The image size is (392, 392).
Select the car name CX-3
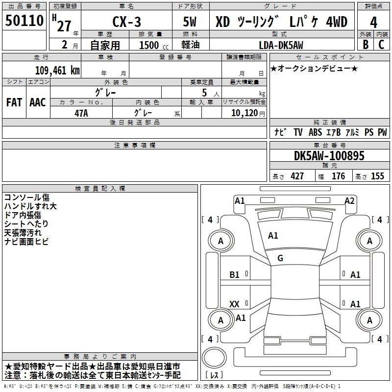[125, 23]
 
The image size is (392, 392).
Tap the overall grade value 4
[374, 22]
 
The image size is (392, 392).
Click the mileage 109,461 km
[57, 70]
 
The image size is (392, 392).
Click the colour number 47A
[81, 112]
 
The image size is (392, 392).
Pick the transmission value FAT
[14, 102]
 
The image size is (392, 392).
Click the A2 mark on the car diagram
[349, 200]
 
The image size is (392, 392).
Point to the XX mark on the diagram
[234, 304]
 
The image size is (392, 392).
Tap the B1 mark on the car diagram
[235, 275]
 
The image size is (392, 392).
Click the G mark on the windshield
[280, 258]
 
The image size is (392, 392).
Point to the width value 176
[338, 176]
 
